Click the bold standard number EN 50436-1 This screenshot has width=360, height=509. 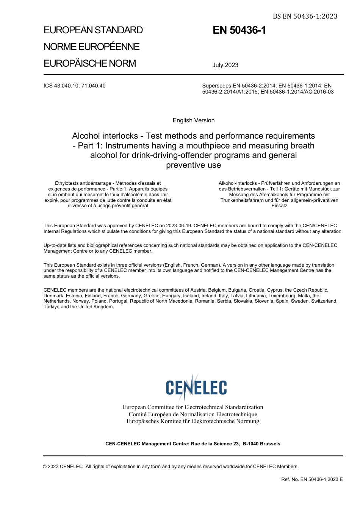pos(239,30)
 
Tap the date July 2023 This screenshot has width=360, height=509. pos(225,65)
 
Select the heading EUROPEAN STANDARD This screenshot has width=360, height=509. pos(93,30)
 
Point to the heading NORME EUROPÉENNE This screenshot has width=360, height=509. pos(92,47)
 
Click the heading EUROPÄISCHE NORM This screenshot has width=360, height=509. pos(90,63)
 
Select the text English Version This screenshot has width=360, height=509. pos(193,120)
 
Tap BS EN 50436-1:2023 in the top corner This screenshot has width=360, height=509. pos(305,16)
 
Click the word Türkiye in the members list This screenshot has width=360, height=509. pos(52,307)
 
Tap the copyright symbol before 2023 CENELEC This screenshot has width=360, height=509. pos(45,467)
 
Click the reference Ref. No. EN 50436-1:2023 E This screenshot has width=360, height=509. pos(312,479)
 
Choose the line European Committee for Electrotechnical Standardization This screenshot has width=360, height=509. pos(193,407)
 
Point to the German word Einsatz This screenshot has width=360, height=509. pos(279,206)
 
